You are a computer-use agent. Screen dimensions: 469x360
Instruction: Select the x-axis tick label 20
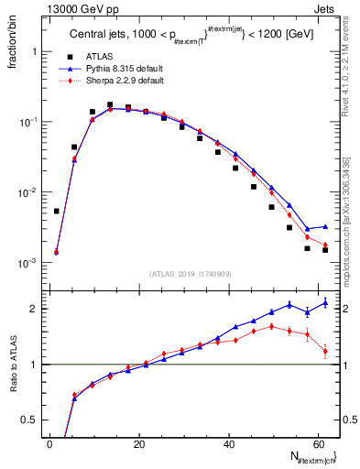tap(139, 443)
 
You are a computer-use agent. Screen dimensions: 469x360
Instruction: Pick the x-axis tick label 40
tap(229, 443)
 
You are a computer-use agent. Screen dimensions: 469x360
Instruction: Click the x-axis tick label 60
tap(318, 443)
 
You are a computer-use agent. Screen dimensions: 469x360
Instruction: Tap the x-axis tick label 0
tap(49, 443)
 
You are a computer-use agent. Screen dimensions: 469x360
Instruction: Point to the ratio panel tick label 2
tap(34, 309)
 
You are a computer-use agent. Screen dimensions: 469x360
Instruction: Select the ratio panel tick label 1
tap(34, 365)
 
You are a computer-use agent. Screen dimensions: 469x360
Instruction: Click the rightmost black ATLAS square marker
tap(325, 250)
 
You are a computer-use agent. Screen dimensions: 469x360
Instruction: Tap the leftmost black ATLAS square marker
tap(57, 211)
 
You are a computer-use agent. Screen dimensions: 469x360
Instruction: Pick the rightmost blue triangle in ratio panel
tap(325, 302)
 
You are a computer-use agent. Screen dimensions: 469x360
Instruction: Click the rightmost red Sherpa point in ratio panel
tap(325, 351)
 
